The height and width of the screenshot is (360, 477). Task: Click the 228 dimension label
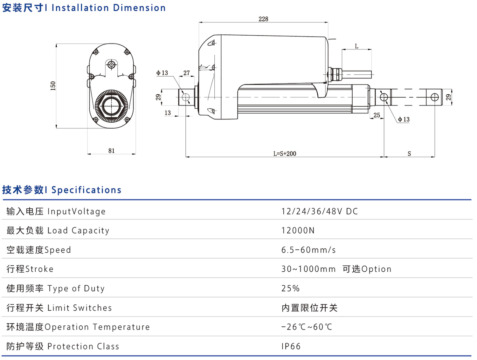point(263,19)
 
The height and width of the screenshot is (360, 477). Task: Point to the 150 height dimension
point(53,86)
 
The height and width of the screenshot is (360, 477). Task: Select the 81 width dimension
point(111,151)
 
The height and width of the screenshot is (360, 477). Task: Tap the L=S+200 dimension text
point(285,154)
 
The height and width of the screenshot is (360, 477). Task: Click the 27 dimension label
point(187,73)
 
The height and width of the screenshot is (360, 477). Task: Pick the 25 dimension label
point(377,115)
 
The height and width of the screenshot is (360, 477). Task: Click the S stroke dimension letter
point(409,154)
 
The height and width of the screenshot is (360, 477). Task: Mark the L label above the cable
point(356,46)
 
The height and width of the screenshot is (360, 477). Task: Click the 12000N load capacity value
point(298,231)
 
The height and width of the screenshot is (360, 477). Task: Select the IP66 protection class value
point(291,346)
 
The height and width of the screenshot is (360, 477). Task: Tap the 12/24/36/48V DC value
point(320,212)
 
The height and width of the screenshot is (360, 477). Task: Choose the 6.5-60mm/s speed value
point(308,250)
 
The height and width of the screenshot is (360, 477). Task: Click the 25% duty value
point(290,289)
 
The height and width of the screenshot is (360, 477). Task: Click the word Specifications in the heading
point(86,190)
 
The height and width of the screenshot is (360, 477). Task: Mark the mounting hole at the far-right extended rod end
point(435,97)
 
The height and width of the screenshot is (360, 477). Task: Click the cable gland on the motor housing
point(335,74)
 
